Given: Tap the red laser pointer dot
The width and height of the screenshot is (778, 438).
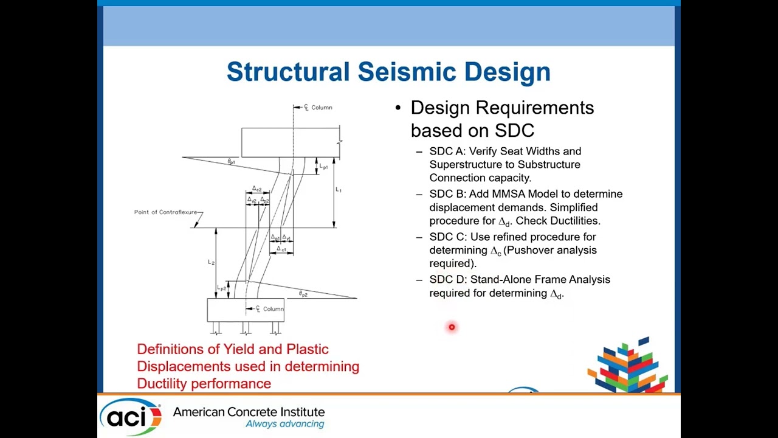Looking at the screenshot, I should tap(452, 327).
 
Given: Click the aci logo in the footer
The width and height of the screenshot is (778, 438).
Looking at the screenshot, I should tap(130, 416).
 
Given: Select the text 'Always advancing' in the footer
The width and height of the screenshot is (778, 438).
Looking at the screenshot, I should tap(284, 424).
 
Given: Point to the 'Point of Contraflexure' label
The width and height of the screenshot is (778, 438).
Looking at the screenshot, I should tap(166, 212).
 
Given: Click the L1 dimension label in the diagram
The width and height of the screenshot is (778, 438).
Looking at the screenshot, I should tap(339, 190).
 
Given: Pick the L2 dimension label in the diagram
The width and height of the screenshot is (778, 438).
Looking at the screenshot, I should tap(211, 262).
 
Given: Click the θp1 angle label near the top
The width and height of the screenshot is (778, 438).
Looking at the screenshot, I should tap(232, 162).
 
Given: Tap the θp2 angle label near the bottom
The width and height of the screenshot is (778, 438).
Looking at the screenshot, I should tap(303, 294).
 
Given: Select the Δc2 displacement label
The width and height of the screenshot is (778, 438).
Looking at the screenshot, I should tap(256, 189).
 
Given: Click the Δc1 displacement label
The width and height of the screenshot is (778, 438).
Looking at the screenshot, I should tap(281, 249).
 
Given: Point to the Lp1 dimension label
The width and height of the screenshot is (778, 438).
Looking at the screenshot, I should tap(323, 167).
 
